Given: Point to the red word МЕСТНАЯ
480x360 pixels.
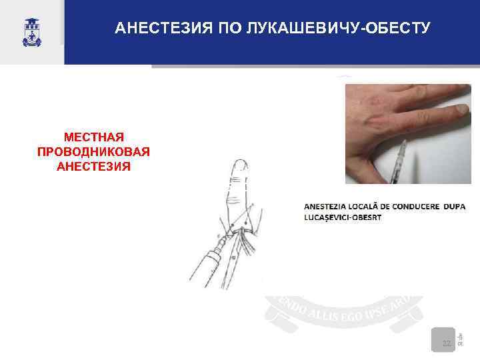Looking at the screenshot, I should (x=94, y=137).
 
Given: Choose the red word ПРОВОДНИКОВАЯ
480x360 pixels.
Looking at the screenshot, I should (x=94, y=151).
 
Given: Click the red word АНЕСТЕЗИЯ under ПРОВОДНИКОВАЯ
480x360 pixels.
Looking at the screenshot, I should (x=94, y=165).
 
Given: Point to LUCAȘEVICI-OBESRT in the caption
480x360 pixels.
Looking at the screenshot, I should (x=343, y=218).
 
